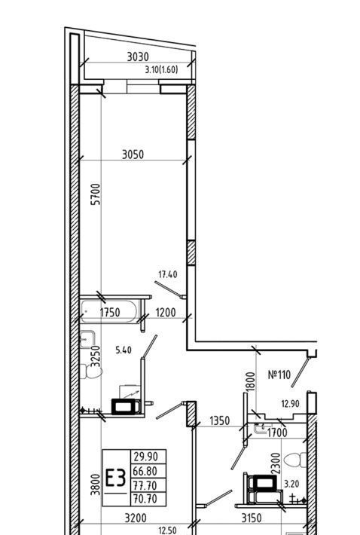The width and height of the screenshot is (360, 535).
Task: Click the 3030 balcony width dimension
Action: tap(138, 57)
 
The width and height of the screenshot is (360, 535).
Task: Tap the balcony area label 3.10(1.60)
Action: tap(162, 70)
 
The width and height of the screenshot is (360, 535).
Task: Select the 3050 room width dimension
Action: tap(133, 154)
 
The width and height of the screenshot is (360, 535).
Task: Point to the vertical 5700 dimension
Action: tap(97, 194)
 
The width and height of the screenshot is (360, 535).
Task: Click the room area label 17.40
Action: tap(168, 274)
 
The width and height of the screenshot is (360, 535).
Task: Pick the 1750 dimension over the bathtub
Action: tap(110, 312)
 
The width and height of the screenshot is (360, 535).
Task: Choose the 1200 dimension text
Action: tap(166, 312)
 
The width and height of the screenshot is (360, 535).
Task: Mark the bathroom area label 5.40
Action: tap(124, 350)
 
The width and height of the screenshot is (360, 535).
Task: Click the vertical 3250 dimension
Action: tap(96, 356)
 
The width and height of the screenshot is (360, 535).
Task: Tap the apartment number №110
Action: tap(279, 374)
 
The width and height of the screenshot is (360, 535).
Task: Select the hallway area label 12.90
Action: tap(290, 404)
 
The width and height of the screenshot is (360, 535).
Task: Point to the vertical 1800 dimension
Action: tap(251, 382)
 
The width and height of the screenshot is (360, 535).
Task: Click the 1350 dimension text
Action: tap(220, 420)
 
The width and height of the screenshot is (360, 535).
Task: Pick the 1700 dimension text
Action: tap(277, 433)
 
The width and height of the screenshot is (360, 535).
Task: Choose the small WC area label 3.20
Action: tap(291, 484)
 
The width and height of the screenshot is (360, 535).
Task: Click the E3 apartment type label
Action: tap(115, 478)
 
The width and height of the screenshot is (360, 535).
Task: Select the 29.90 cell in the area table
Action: tap(145, 457)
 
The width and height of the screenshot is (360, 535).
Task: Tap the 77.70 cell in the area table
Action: tap(145, 485)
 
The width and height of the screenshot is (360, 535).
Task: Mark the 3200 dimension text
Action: tap(136, 518)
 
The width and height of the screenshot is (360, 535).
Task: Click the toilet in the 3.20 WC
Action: tap(295, 460)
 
